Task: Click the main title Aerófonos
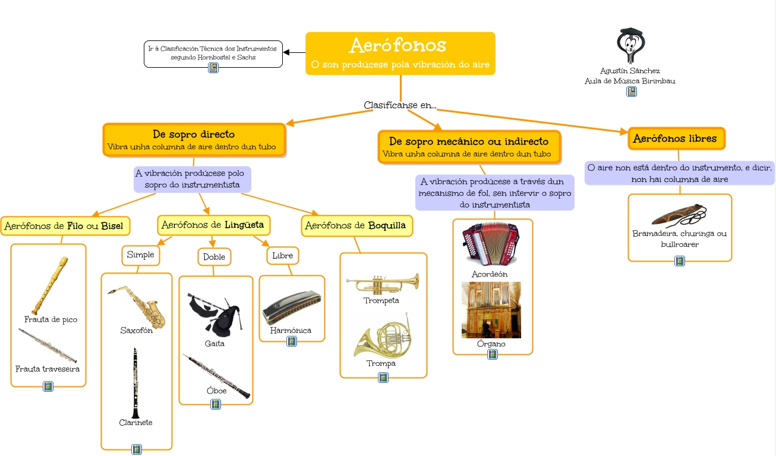point(398,45)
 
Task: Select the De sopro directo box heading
point(194,134)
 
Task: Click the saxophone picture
point(137,305)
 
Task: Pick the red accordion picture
point(490,244)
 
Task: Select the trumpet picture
point(382,283)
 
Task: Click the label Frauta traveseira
point(48,369)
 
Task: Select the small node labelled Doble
point(214,257)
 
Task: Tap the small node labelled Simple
point(140,254)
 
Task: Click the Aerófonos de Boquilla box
point(357,226)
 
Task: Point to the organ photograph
point(491,310)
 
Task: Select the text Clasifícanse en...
point(400,105)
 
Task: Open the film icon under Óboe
point(216,404)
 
